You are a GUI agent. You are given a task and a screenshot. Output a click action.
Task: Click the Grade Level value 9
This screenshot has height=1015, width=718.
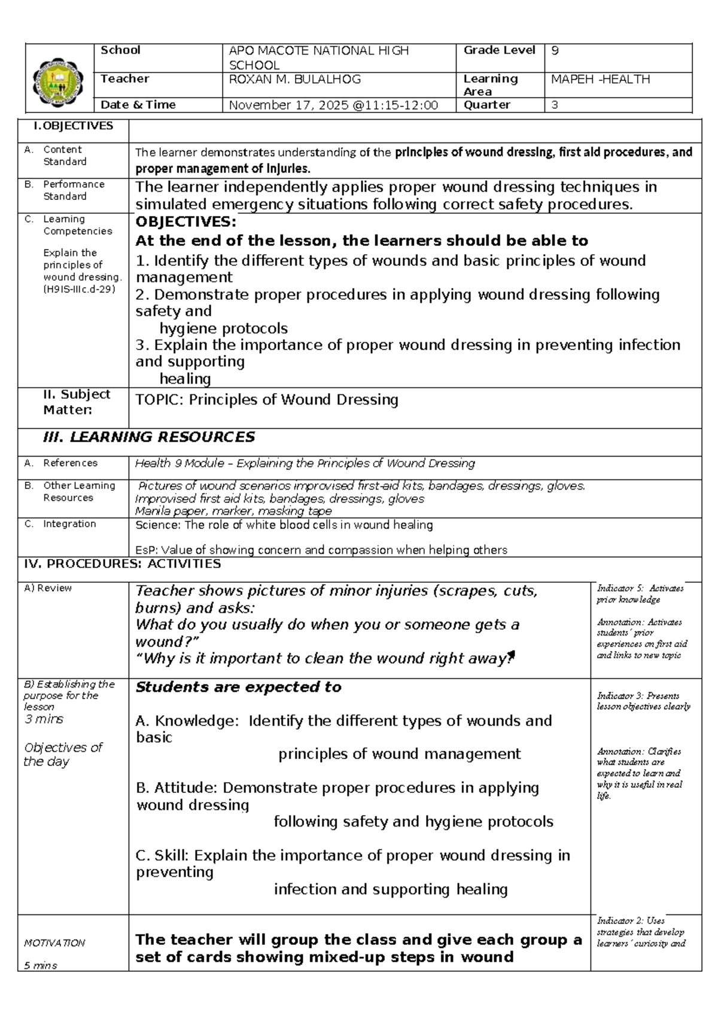(555, 51)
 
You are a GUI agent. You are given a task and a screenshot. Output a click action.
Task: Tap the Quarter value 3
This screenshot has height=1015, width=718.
(555, 105)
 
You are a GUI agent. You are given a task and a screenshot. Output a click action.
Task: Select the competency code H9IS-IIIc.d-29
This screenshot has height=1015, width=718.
(79, 289)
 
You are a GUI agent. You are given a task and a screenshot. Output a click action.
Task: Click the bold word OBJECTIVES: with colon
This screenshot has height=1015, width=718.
(186, 222)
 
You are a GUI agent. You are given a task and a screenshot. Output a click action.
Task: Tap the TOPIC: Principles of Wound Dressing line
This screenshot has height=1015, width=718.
(267, 400)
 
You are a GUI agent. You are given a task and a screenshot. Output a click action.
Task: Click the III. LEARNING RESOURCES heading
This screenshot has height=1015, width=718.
(149, 437)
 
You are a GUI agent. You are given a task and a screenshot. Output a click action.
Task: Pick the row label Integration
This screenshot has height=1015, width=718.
(69, 524)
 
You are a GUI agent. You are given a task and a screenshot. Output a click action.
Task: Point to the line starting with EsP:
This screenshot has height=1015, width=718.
(321, 550)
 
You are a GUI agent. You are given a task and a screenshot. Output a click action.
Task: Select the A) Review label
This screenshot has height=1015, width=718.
(47, 588)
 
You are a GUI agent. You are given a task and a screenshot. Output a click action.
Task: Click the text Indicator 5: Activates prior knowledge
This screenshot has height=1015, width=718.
(640, 594)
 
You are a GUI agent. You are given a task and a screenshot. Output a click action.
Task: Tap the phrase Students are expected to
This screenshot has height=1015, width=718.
(239, 687)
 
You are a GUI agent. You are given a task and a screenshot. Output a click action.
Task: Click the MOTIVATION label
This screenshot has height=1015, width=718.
(54, 943)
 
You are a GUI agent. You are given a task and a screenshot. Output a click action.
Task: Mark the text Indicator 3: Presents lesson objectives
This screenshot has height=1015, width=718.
(643, 701)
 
